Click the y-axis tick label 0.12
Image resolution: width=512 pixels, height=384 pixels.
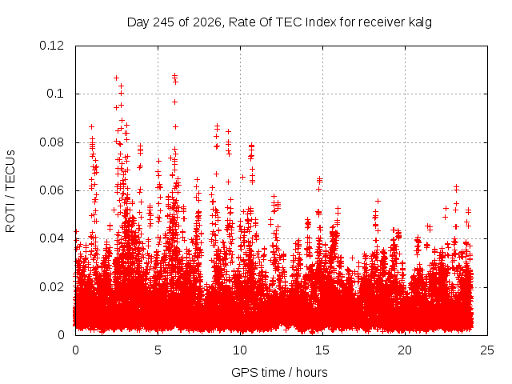pos(51,46)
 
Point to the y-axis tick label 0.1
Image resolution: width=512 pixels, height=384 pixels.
pos(55,94)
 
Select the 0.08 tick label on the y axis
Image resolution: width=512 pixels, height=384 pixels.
pos(51,142)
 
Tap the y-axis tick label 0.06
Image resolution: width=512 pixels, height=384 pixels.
pos(51,190)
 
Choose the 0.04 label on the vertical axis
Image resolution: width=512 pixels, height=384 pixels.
pos(51,238)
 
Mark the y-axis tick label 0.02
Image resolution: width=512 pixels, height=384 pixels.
pos(51,287)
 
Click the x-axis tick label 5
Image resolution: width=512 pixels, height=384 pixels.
pos(158,350)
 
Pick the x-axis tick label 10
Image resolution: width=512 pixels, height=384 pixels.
pos(240,350)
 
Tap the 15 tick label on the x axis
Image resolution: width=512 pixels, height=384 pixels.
pos(322,350)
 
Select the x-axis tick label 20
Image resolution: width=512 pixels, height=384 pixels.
pos(405,350)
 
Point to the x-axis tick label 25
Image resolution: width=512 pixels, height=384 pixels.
pos(487,350)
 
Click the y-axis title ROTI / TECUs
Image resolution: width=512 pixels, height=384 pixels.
pos(10,191)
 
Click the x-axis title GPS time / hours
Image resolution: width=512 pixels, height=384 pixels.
pos(279,373)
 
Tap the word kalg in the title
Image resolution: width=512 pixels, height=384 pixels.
pos(420,22)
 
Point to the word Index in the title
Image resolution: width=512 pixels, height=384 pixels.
pos(321,22)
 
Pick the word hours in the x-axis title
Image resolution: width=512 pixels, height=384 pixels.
pos(312,372)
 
